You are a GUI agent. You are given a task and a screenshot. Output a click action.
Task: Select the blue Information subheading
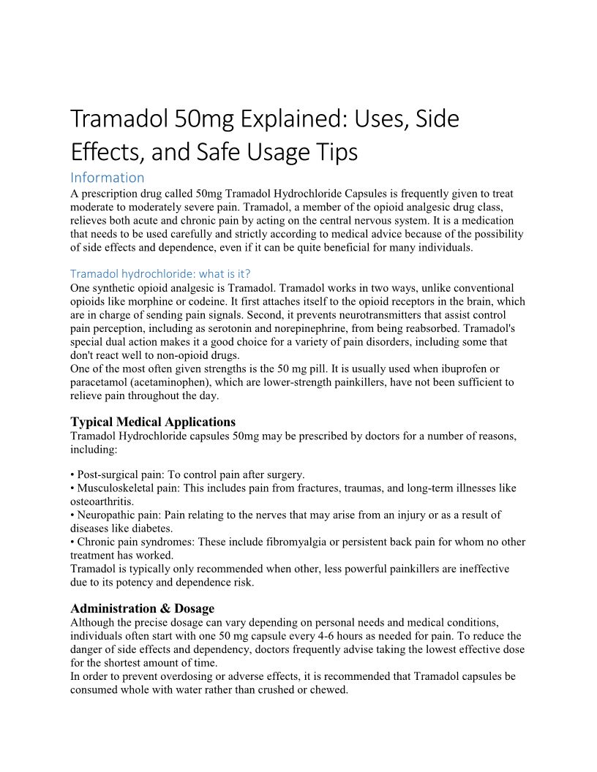pos(108,177)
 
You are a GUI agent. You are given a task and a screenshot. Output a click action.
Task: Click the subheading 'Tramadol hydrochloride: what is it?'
pos(160,273)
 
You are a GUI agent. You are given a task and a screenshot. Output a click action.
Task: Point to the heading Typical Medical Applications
pos(153,422)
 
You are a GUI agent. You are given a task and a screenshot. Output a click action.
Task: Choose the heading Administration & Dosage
pos(143,608)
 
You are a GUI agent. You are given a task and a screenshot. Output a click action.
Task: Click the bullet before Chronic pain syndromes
pos(72,542)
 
